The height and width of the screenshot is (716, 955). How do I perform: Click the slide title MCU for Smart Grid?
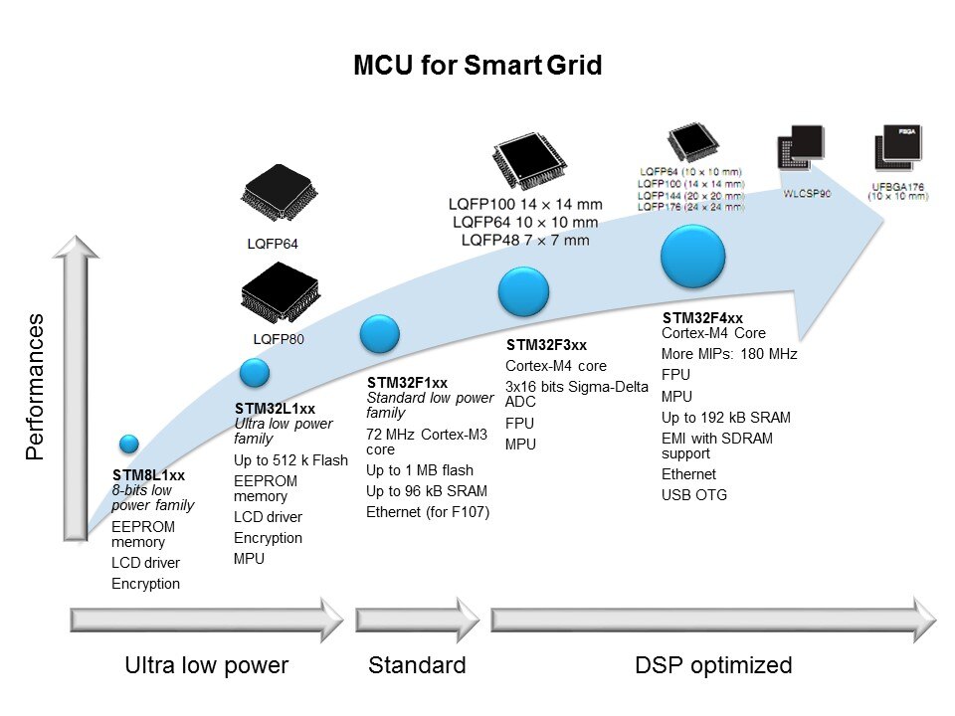477,67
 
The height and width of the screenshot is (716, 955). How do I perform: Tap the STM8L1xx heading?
149,475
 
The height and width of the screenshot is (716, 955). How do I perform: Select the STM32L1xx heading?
275,409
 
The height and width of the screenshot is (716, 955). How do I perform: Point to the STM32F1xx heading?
407,383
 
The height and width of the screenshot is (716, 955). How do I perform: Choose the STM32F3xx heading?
546,345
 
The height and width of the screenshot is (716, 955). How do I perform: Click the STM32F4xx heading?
702,318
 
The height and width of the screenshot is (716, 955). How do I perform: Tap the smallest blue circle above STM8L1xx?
129,444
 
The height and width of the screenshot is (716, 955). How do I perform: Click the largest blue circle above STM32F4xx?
697,258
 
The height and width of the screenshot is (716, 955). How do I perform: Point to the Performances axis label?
36,387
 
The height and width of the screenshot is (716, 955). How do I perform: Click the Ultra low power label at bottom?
206,665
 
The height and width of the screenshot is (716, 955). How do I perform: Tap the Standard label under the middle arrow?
417,665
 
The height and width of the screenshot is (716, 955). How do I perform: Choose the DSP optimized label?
713,665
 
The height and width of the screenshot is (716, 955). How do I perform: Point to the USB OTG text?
694,494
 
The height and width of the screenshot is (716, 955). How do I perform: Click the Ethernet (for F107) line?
428,512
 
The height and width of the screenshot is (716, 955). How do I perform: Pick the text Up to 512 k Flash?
290,460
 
